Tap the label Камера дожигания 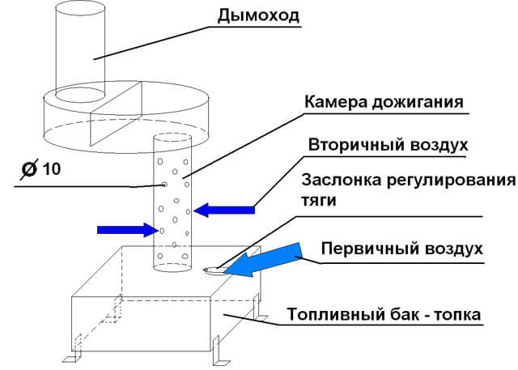pos(384,104)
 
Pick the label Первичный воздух pos(401,248)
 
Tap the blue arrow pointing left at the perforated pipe pos(225,211)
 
